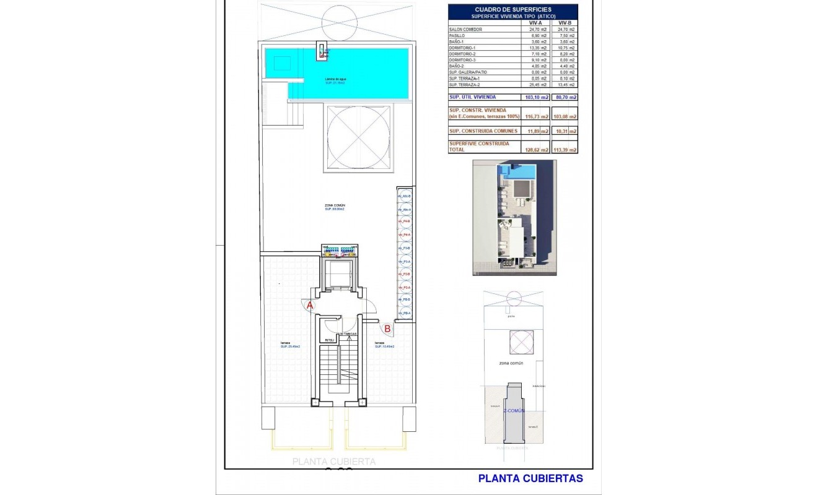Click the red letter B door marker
(387, 329)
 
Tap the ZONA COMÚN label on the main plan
(335, 206)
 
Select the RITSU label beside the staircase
(329, 340)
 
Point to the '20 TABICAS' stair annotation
(348, 334)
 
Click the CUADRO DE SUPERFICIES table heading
(512, 9)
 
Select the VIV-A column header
(536, 22)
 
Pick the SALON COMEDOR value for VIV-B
(566, 30)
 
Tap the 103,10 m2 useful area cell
(537, 98)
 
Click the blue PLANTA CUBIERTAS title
(530, 478)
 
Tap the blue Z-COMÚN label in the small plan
(514, 410)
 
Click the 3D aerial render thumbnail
(514, 218)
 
